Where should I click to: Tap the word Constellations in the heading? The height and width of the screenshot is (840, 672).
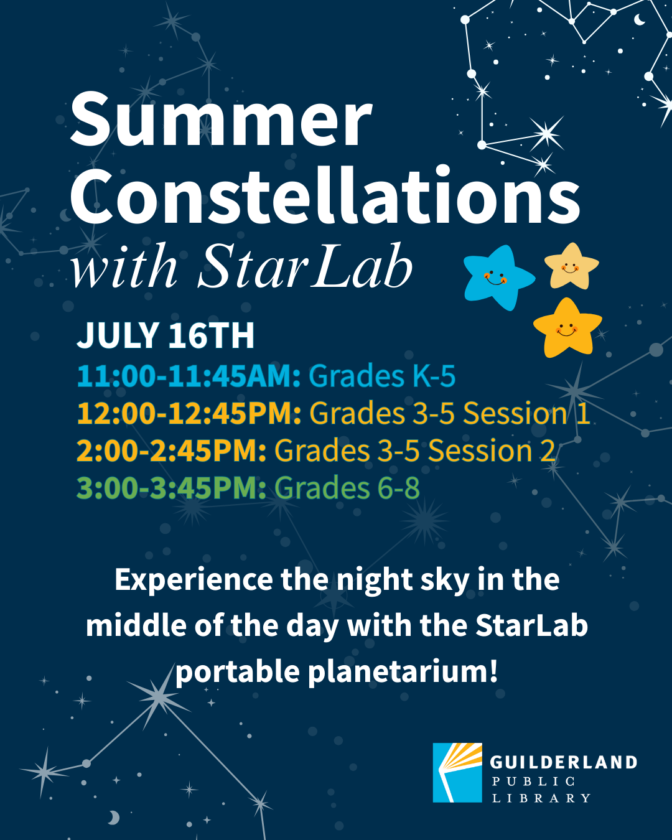[325, 196]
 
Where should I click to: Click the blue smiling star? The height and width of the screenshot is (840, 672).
[497, 277]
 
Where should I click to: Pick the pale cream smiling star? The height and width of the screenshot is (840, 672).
[571, 266]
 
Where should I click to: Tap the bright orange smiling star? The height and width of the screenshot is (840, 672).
[567, 328]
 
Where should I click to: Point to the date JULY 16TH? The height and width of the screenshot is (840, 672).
[166, 336]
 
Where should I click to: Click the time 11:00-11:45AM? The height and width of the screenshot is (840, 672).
[189, 376]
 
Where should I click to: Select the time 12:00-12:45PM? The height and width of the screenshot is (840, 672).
[189, 414]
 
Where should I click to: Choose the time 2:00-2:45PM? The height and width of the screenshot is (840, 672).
[171, 451]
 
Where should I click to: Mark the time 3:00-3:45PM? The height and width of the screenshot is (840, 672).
[171, 488]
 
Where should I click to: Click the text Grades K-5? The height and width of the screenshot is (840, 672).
[382, 376]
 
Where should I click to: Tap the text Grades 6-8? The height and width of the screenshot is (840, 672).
[347, 488]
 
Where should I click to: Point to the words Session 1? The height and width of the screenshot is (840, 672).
[526, 414]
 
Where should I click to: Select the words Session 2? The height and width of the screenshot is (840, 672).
[492, 451]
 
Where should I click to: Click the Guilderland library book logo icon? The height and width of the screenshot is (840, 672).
[457, 772]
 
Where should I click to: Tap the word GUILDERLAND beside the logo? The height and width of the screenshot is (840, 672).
[563, 762]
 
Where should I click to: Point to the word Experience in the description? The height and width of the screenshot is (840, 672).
[194, 580]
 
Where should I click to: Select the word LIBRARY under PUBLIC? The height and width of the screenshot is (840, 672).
[541, 798]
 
